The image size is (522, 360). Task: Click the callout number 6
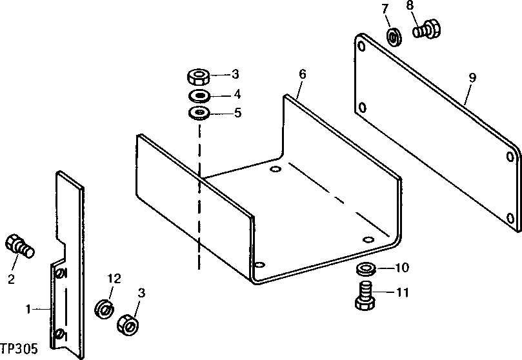coord(302,74)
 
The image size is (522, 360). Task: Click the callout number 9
coord(472,77)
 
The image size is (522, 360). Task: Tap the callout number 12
coord(114,279)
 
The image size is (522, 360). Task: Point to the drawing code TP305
coord(19,348)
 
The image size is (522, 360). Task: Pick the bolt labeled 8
coord(426,30)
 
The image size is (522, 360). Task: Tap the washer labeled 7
coord(393,36)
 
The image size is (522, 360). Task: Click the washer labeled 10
coord(365,268)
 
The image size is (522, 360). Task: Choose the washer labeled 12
coord(103,308)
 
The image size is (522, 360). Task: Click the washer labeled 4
coord(199,97)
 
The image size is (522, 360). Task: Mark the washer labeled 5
coord(199,114)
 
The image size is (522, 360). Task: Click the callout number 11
coord(403,293)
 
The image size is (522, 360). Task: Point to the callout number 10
coord(401,267)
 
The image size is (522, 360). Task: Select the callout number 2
coord(11,279)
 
